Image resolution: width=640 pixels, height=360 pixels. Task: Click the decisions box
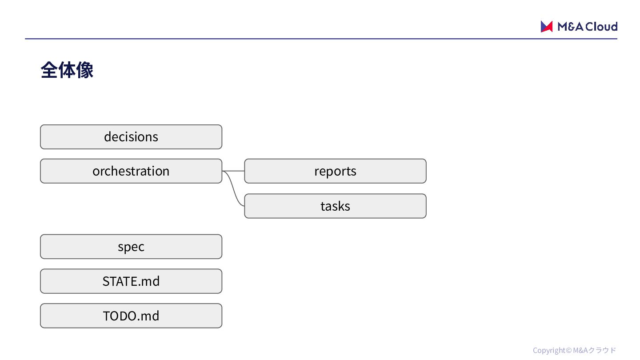131,137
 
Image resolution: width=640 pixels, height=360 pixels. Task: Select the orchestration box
131,171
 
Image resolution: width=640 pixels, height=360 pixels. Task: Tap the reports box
335,171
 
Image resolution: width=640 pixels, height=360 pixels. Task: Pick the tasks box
335,206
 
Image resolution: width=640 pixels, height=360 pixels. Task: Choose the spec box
131,247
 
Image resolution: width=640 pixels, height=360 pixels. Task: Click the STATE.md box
131,281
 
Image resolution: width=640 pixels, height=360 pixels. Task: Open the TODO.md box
131,316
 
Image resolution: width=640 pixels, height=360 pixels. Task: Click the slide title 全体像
67,70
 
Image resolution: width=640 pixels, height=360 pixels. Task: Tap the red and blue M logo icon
546,27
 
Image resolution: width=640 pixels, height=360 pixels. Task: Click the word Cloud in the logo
601,27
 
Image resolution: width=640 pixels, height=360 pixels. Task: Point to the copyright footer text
574,350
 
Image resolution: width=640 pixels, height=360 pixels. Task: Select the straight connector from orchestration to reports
233,171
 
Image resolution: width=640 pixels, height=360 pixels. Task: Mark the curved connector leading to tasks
234,188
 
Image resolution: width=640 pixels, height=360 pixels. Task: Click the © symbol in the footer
568,350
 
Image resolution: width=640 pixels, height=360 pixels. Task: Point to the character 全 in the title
49,70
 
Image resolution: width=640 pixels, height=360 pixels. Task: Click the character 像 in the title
85,70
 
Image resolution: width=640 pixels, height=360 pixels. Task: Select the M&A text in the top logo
570,27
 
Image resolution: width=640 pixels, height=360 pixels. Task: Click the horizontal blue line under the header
321,39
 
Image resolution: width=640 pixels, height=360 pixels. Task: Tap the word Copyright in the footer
549,351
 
